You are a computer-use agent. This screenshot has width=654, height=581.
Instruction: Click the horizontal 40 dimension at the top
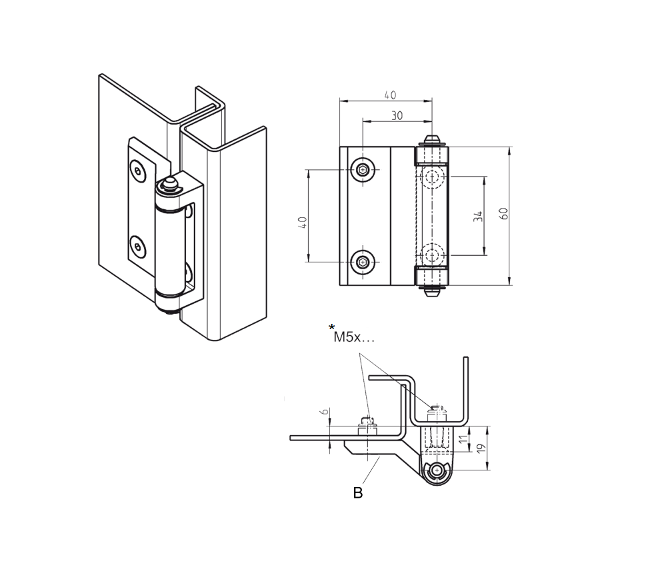(389, 95)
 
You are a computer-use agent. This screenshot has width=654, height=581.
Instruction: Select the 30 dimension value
(397, 115)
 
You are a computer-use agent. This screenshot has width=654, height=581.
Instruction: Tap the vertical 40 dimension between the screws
(301, 223)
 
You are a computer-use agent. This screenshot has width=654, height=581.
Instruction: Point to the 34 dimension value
(478, 216)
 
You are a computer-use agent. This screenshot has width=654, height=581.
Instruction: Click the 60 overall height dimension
(504, 214)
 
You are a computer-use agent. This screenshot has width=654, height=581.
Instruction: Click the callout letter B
(358, 493)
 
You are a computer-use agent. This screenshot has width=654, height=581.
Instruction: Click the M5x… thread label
(355, 337)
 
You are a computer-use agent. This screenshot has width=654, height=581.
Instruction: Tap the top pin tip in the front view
(432, 141)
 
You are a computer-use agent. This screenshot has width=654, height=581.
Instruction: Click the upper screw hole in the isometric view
(137, 171)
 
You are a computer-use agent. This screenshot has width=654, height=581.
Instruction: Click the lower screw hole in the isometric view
(137, 247)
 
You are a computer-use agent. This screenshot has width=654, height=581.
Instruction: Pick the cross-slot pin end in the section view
(437, 471)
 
